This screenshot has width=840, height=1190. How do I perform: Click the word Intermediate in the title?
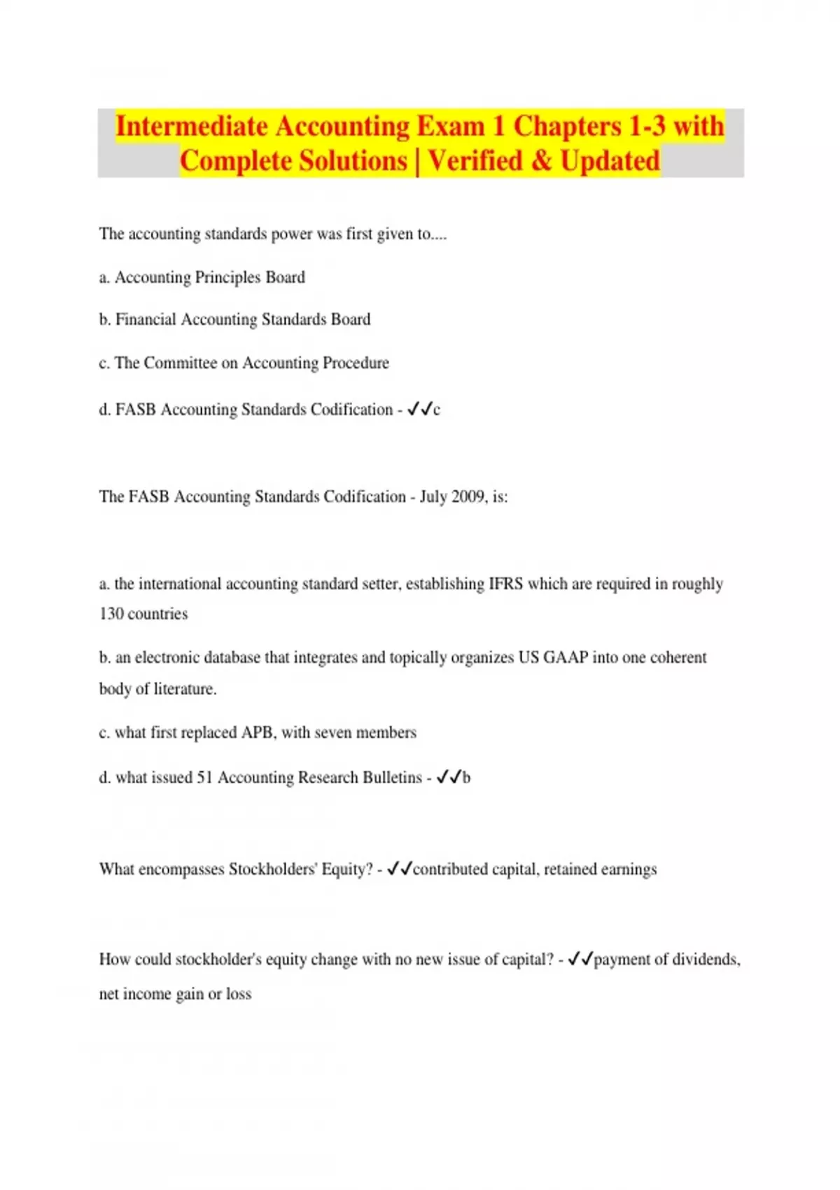click(x=191, y=127)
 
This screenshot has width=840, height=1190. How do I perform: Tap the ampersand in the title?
click(x=541, y=161)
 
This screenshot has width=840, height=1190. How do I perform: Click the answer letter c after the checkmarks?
click(x=437, y=410)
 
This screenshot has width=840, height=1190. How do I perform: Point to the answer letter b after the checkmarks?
click(x=467, y=778)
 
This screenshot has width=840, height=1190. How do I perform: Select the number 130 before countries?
click(x=111, y=614)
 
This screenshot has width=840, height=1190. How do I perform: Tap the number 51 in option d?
click(x=204, y=778)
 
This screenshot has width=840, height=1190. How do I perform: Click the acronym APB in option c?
click(x=257, y=733)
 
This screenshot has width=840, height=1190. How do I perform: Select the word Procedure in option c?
click(x=356, y=363)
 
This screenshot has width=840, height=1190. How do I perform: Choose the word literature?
click(x=185, y=689)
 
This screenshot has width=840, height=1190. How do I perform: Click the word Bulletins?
click(x=391, y=778)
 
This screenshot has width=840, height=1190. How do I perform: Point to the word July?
click(x=433, y=497)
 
